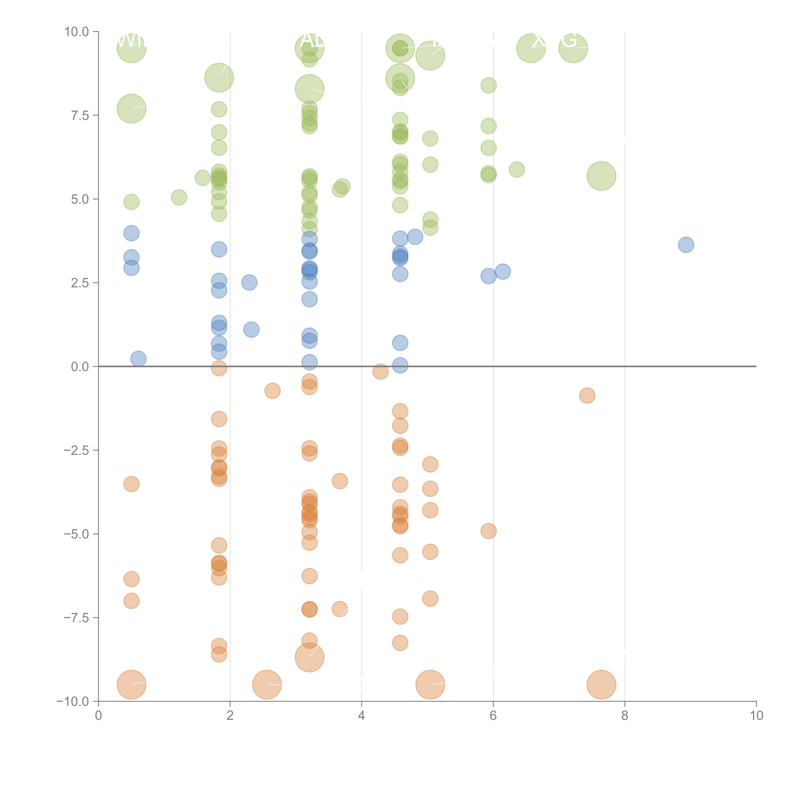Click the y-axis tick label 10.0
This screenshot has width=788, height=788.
click(x=77, y=32)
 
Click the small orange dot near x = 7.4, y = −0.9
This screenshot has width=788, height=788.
click(x=587, y=395)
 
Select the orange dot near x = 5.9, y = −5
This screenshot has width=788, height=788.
click(x=488, y=531)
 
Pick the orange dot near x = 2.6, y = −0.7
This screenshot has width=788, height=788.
click(x=272, y=391)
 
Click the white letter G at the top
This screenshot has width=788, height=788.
click(x=569, y=40)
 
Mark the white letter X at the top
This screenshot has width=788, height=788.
click(x=538, y=41)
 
